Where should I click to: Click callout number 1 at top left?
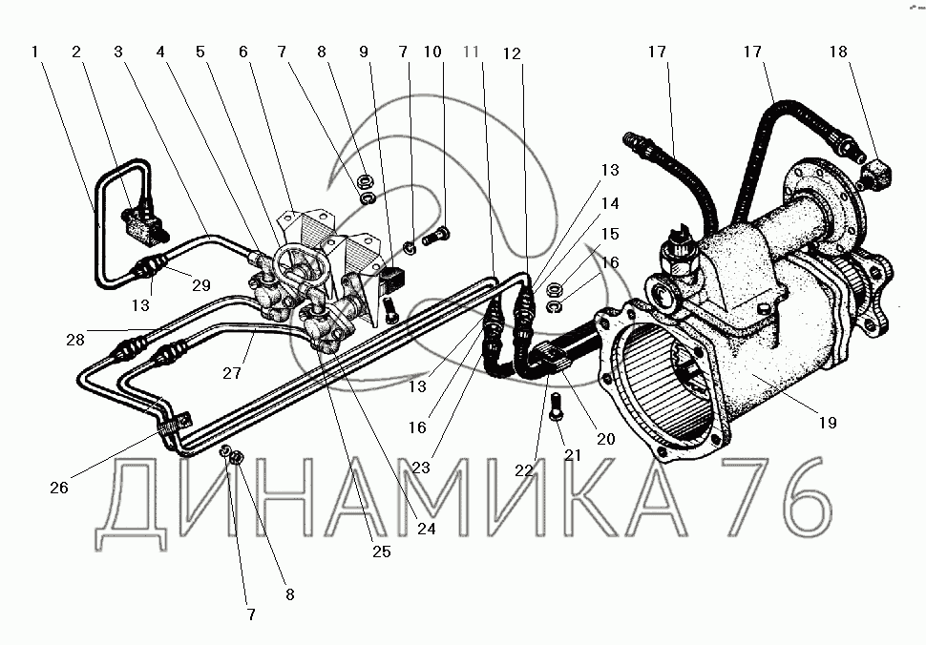(34, 52)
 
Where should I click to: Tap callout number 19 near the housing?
(828, 423)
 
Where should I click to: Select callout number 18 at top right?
(838, 52)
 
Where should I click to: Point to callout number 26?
(59, 488)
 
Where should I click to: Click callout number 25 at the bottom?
(382, 551)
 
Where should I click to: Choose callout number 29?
(201, 285)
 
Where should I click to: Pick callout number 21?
(573, 455)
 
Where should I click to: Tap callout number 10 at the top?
(432, 52)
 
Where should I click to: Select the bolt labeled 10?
(436, 238)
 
